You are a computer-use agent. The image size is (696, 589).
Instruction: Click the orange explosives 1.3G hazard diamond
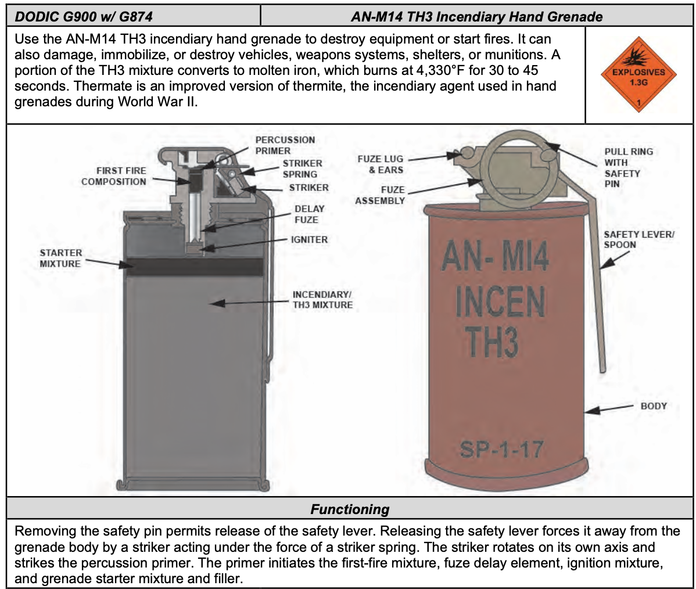click(638, 77)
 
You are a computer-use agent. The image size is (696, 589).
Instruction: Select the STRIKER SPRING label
click(302, 169)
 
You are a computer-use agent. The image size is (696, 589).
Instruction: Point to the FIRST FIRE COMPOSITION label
click(114, 176)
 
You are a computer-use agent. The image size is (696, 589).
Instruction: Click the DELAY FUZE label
click(308, 214)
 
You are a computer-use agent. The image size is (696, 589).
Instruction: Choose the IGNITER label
click(309, 239)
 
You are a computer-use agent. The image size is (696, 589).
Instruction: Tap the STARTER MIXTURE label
click(60, 258)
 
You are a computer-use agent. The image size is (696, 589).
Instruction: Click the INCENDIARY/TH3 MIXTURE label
click(322, 300)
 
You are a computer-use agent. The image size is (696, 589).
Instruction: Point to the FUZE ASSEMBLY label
click(380, 195)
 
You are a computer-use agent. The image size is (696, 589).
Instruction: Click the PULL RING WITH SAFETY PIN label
click(628, 167)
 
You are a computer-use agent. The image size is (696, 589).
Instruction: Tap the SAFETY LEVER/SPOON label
click(638, 239)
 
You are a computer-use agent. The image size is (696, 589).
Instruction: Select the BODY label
click(653, 406)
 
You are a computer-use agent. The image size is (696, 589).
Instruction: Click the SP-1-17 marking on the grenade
click(501, 449)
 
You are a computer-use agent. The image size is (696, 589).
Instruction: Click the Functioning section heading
click(350, 509)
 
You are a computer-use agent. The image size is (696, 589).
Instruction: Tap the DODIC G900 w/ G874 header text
click(84, 16)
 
